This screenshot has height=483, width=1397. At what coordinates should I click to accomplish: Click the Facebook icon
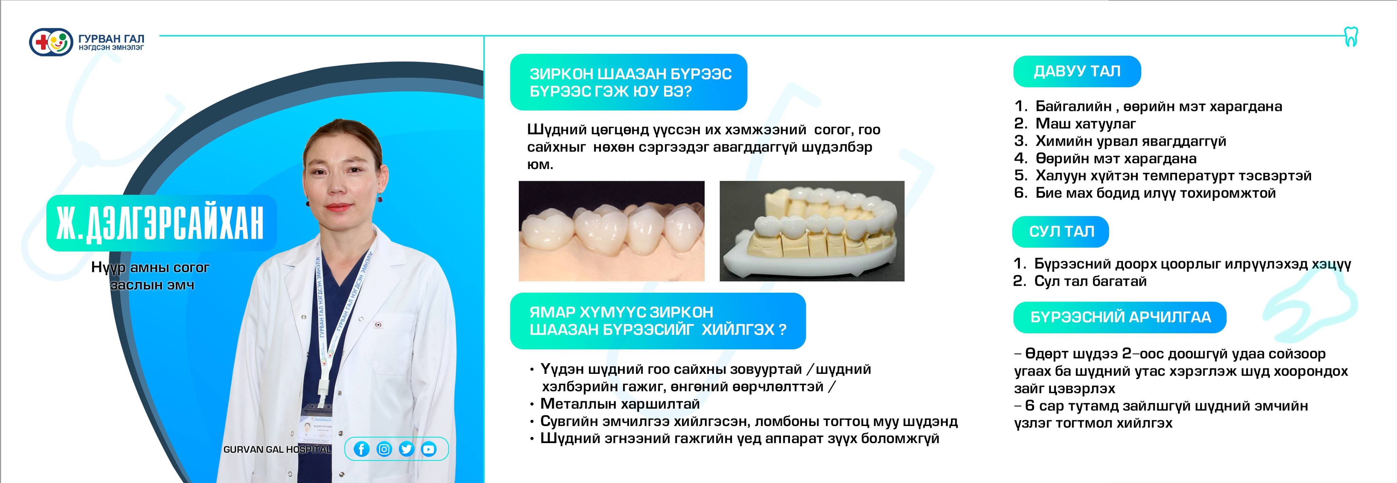click(x=362, y=449)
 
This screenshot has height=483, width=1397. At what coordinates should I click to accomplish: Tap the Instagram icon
click(x=384, y=449)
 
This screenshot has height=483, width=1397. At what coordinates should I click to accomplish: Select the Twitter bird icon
click(x=406, y=449)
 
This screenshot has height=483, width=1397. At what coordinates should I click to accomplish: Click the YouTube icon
click(x=428, y=449)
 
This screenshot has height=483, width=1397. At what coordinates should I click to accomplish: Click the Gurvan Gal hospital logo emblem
click(x=51, y=42)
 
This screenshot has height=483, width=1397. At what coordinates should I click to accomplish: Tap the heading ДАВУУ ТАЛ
click(x=1077, y=71)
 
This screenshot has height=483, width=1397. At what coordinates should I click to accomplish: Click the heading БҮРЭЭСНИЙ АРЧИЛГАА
click(x=1120, y=317)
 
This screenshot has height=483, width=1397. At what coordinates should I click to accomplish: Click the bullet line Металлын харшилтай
click(x=620, y=404)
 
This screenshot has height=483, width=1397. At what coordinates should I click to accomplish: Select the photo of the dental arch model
click(x=812, y=231)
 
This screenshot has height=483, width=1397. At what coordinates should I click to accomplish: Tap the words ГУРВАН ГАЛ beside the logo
click(x=111, y=39)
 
